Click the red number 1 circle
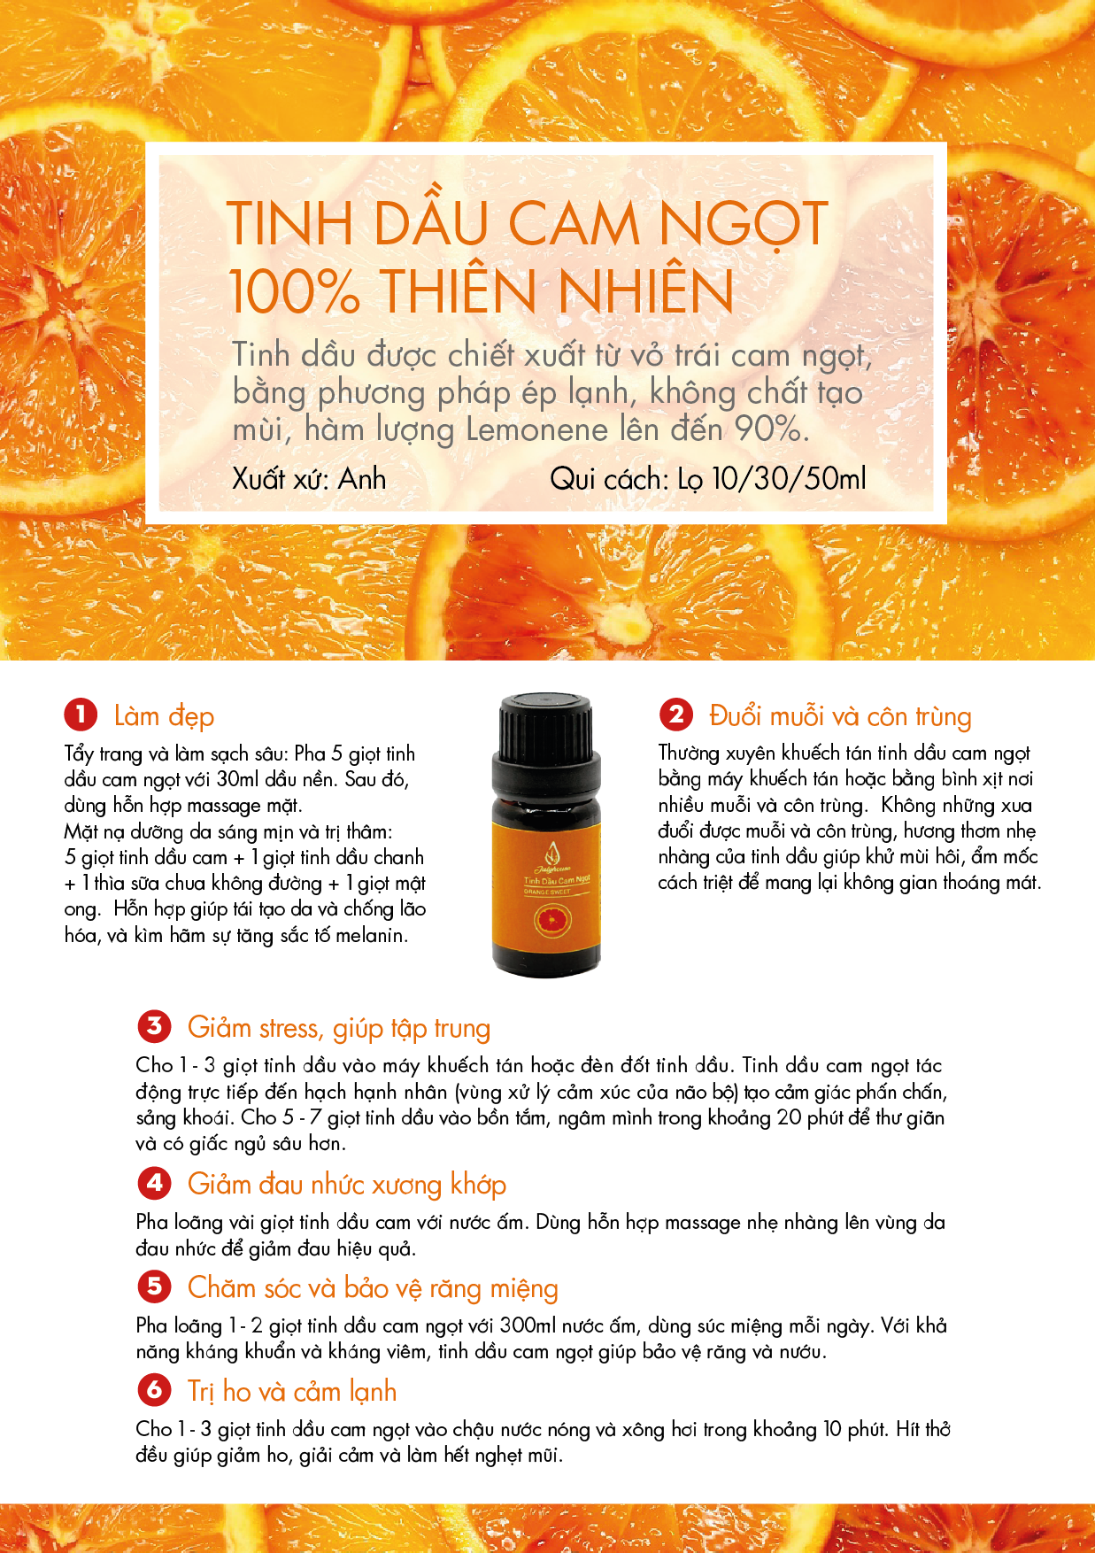click(81, 715)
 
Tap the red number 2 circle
click(676, 714)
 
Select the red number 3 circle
click(154, 1026)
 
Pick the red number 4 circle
click(154, 1183)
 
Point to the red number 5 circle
click(154, 1286)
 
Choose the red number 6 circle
click(154, 1389)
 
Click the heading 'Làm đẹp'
click(164, 716)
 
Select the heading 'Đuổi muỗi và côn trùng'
click(840, 715)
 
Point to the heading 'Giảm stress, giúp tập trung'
click(339, 1028)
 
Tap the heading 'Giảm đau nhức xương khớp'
click(347, 1185)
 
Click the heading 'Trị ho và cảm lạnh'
click(292, 1392)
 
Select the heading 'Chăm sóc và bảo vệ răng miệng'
click(373, 1288)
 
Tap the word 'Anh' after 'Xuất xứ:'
click(362, 479)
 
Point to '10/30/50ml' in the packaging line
click(789, 479)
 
